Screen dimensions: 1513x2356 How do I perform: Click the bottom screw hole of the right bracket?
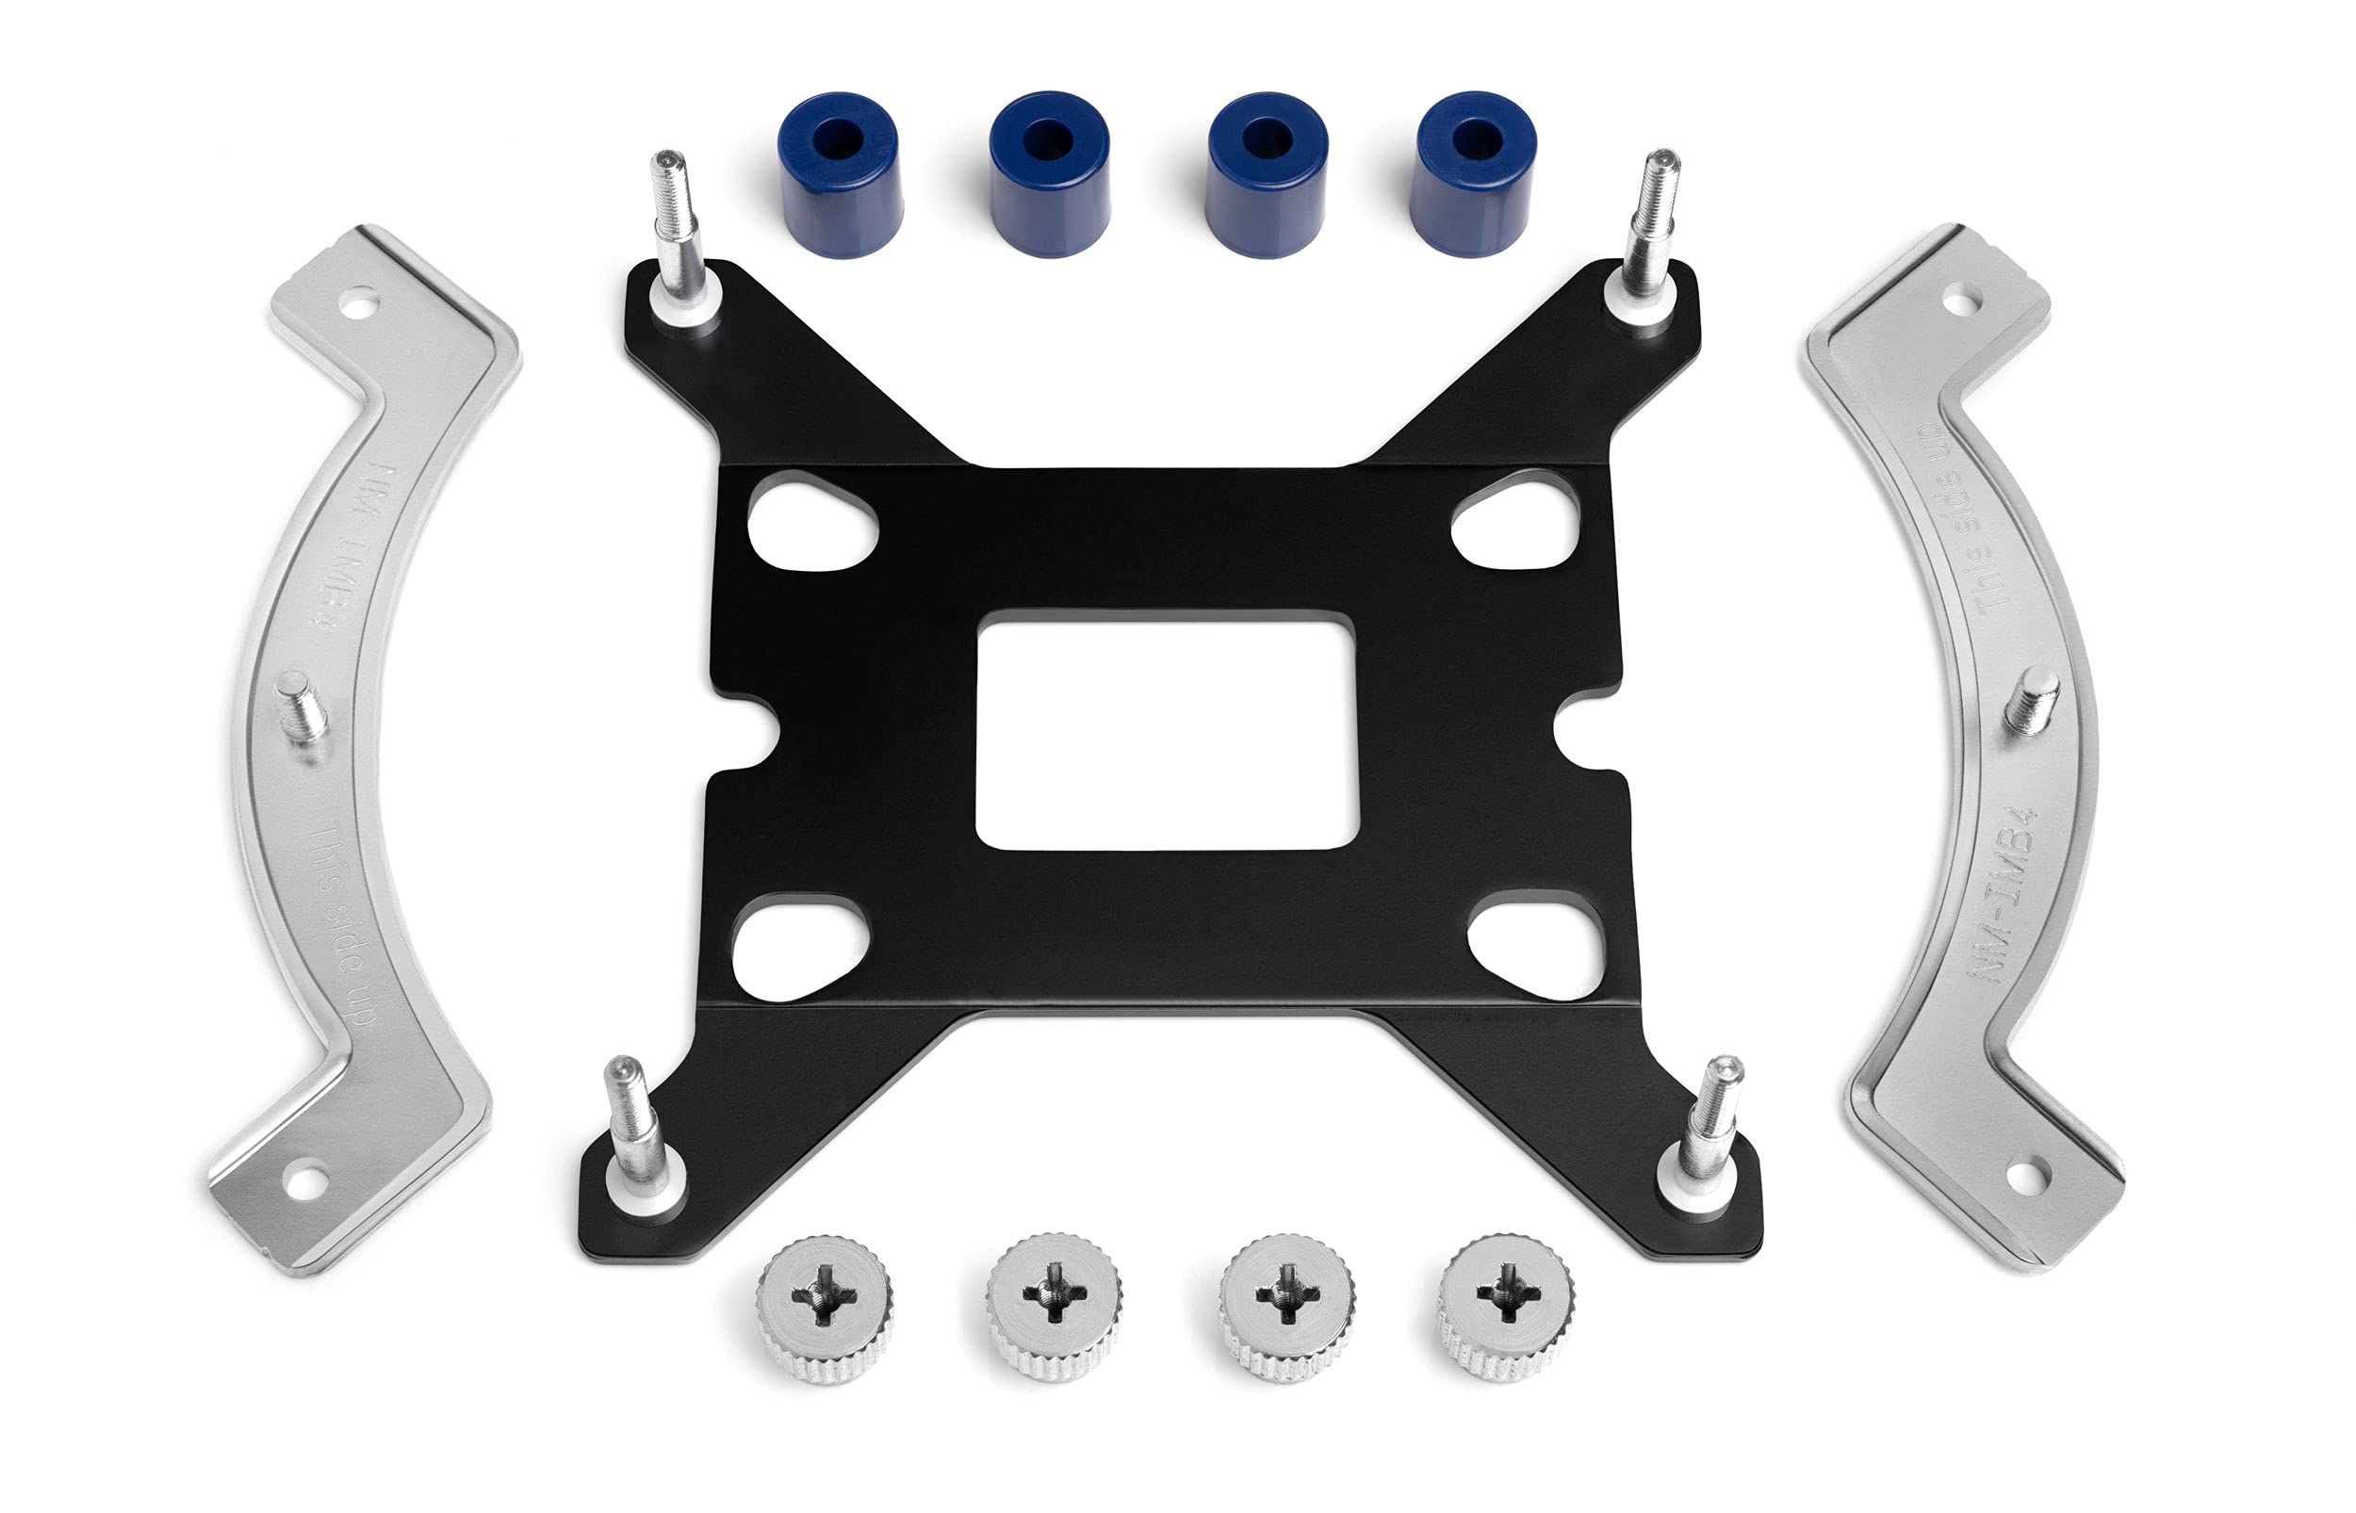pos(2023,1175)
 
